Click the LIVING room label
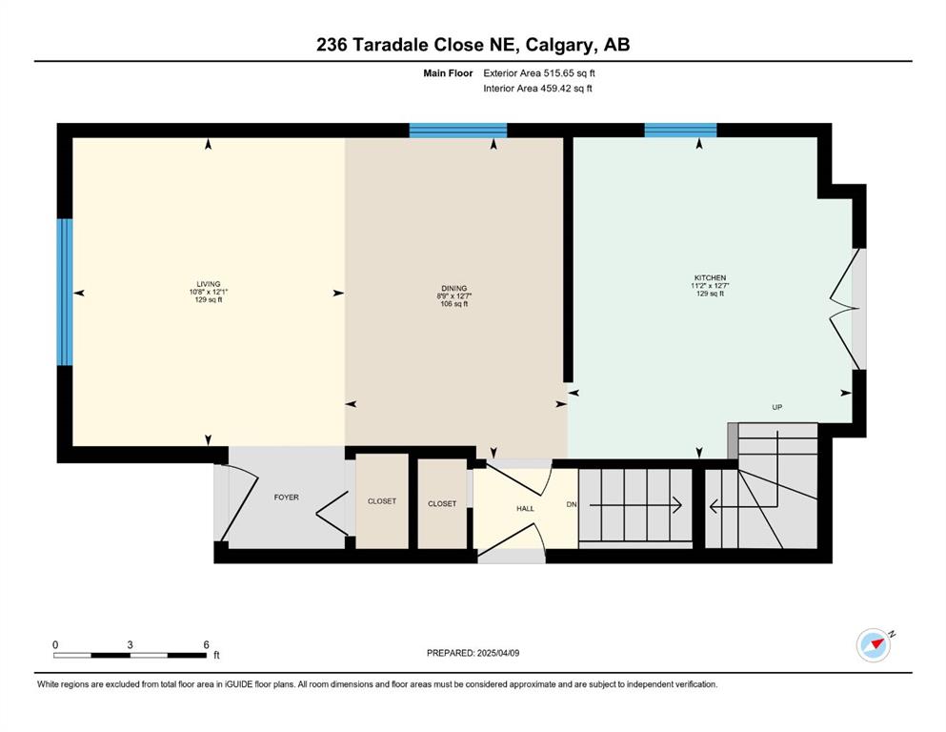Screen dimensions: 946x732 (208, 284)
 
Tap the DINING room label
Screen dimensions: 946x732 (453, 289)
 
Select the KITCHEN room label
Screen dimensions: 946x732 (710, 278)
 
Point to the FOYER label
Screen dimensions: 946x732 (286, 498)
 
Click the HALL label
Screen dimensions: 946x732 (525, 509)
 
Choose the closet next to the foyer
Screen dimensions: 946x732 (382, 501)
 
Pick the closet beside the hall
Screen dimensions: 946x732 (442, 503)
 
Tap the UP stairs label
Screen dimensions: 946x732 (777, 407)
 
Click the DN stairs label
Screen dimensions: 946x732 (572, 504)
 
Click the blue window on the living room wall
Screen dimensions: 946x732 (65, 292)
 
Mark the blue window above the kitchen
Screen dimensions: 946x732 (680, 131)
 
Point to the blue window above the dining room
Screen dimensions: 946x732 (458, 131)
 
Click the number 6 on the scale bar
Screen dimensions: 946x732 (206, 644)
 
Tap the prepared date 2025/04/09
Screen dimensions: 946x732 (497, 653)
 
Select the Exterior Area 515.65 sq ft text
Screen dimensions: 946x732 (539, 73)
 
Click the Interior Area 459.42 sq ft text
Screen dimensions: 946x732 (537, 88)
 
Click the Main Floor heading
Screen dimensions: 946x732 (448, 73)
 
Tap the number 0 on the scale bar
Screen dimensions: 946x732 (55, 644)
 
